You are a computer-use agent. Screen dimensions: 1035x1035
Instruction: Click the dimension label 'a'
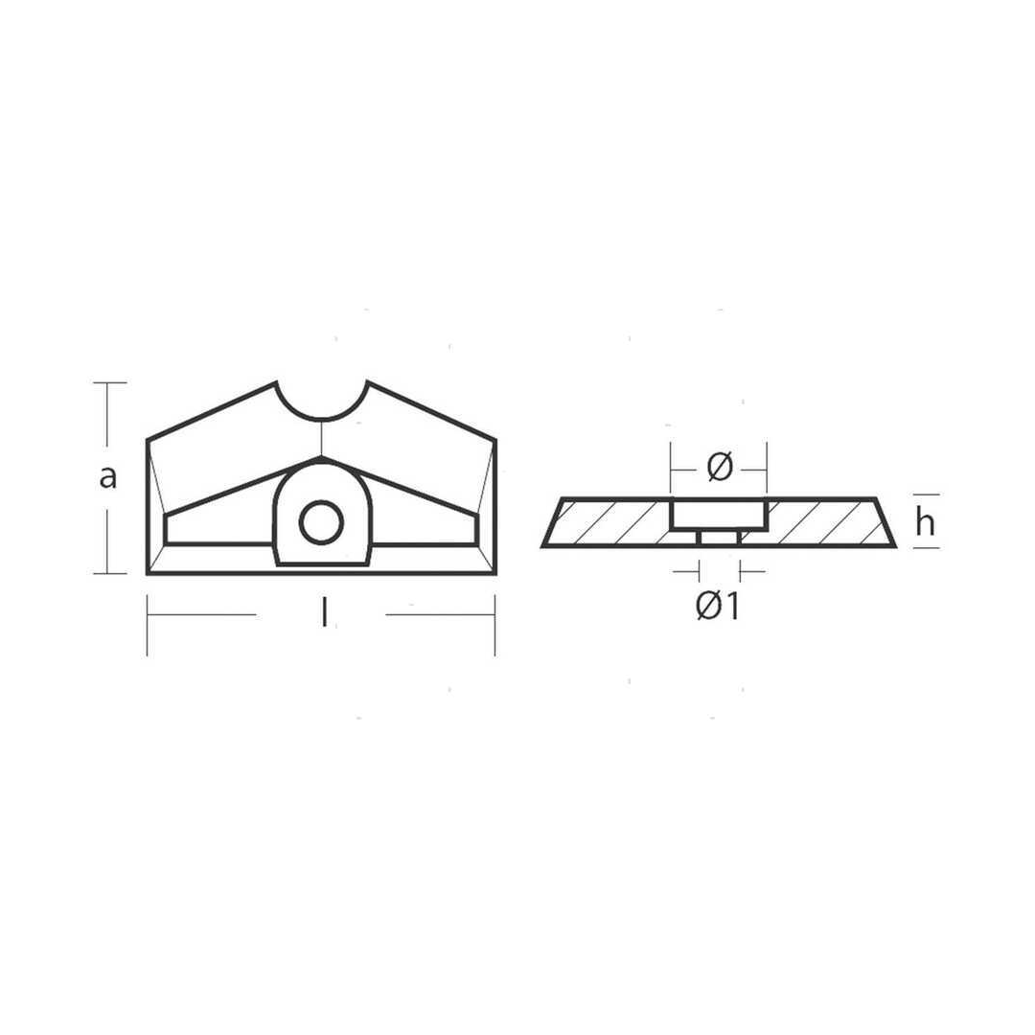(x=108, y=475)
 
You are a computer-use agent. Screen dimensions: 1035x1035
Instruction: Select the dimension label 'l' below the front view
(x=324, y=614)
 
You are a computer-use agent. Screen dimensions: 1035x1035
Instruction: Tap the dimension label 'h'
(x=925, y=522)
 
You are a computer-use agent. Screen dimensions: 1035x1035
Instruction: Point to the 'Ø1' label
(x=718, y=607)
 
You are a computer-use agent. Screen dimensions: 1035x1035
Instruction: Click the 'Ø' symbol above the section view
(x=719, y=468)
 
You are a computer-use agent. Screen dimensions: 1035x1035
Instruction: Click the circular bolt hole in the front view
(x=321, y=522)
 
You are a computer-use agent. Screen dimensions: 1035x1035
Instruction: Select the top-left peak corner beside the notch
(x=277, y=383)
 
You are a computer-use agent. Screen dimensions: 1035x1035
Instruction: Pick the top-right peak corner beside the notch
(x=367, y=383)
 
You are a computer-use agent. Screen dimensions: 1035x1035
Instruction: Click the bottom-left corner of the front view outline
(x=148, y=573)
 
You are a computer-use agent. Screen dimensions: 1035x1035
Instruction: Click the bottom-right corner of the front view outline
(x=494, y=573)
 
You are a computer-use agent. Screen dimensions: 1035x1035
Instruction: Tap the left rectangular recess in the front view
(x=218, y=530)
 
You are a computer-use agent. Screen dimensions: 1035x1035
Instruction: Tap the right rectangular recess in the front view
(x=424, y=530)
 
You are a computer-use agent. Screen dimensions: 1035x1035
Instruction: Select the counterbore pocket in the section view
(x=719, y=515)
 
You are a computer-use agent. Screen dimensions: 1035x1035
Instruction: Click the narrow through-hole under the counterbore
(x=719, y=539)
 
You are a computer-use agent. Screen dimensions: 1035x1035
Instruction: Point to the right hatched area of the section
(x=824, y=522)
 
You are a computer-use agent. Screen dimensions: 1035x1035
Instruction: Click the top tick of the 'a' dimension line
(x=109, y=383)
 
